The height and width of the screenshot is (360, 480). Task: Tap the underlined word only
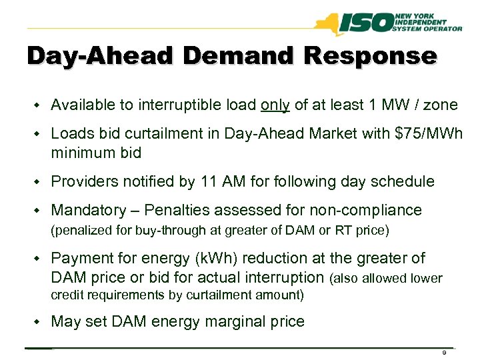[275, 105]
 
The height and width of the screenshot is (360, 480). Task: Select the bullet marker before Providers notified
[39, 182]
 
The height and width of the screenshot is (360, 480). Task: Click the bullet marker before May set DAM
[39, 322]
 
